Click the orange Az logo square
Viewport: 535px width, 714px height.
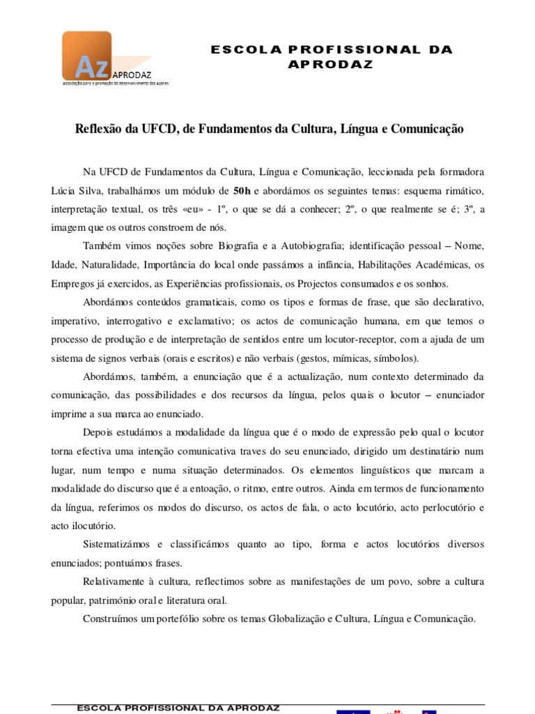coord(86,56)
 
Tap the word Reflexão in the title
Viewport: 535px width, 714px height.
coord(98,129)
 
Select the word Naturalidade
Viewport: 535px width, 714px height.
coord(110,265)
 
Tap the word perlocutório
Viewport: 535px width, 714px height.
coord(440,506)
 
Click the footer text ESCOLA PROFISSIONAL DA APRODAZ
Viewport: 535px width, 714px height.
coord(178,707)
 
